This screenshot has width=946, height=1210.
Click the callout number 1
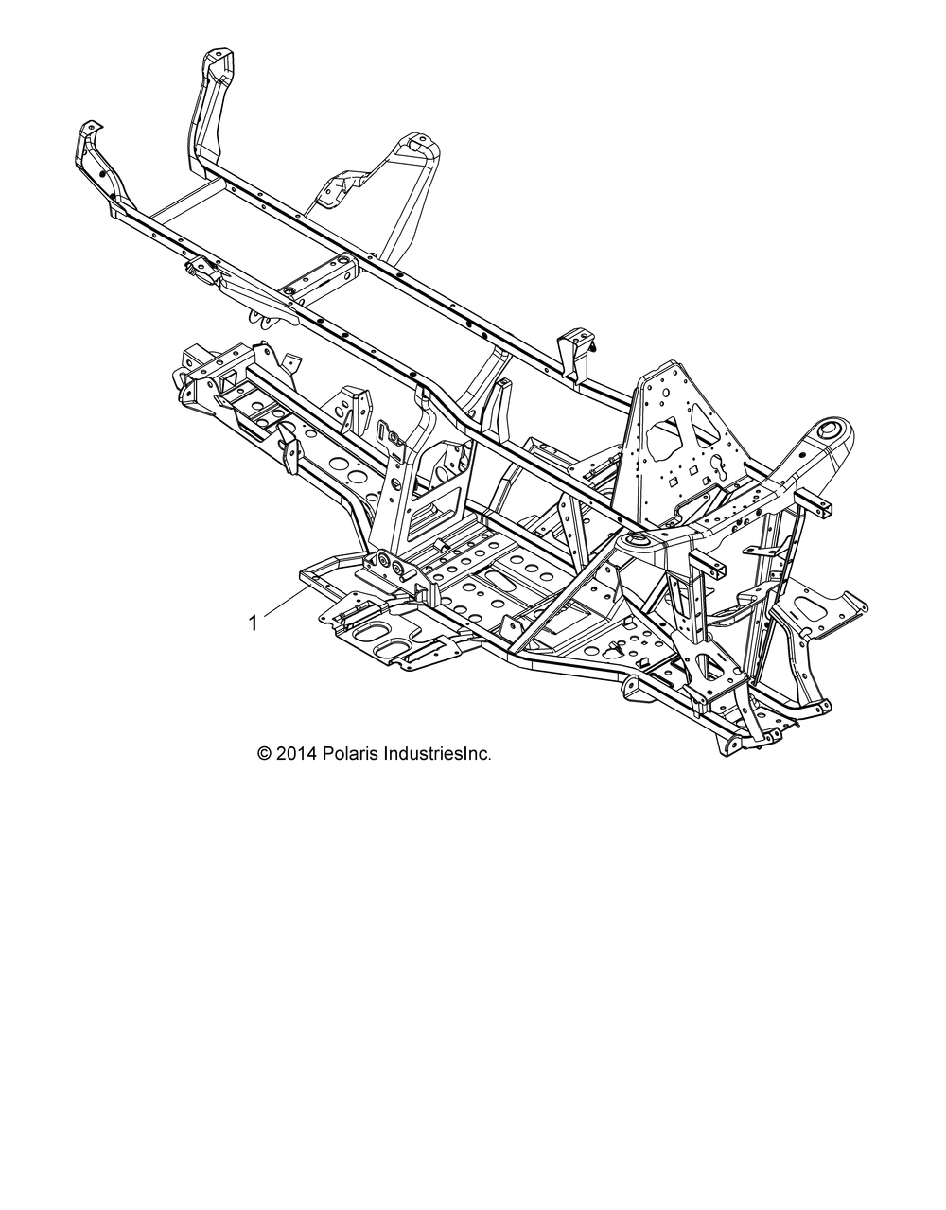(x=254, y=623)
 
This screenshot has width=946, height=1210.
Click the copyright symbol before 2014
(x=265, y=754)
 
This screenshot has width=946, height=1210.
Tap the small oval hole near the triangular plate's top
(x=666, y=393)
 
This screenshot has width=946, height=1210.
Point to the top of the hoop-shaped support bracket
(x=416, y=144)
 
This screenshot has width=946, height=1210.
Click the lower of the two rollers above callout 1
(x=399, y=569)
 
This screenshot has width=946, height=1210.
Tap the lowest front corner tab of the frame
(x=731, y=745)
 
